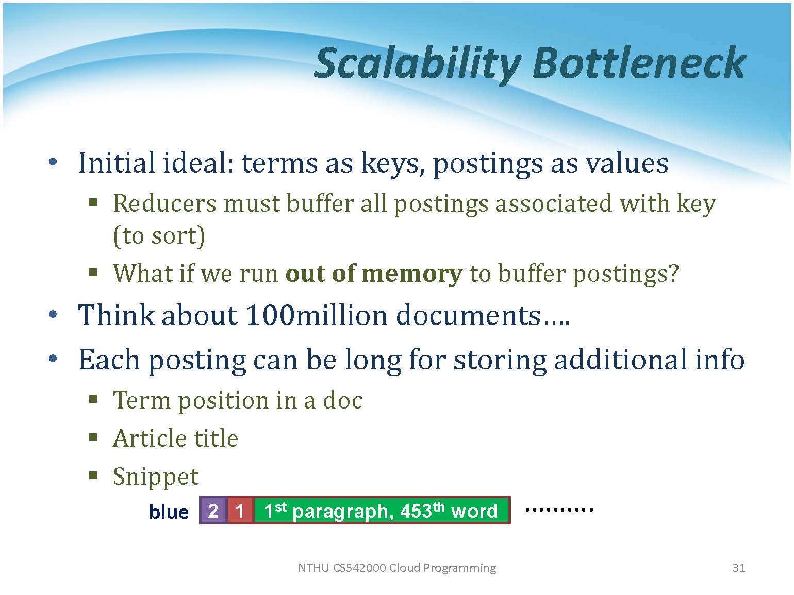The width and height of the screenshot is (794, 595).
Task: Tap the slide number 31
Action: pos(738,567)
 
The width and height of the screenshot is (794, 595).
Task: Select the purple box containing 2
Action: pos(213,510)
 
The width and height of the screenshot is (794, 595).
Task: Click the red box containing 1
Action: pos(239,510)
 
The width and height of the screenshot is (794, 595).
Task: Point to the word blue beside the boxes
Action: pos(169,512)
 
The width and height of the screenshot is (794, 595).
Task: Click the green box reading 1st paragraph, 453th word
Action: pos(381,510)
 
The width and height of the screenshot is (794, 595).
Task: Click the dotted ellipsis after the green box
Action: pos(559,509)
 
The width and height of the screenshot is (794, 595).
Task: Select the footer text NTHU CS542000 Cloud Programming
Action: pos(397,568)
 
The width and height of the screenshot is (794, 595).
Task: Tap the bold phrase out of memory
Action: pos(374,274)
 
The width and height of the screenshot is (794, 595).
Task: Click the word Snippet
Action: pos(156,478)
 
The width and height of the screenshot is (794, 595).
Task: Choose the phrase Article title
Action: pos(175,438)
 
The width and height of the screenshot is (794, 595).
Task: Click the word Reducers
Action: pos(164,203)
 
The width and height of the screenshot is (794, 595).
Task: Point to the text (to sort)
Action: pos(159,236)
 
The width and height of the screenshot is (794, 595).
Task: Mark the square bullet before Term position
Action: pos(93,400)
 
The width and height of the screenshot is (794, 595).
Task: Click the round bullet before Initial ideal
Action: pos(53,162)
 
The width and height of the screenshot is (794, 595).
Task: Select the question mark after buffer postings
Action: pos(673,273)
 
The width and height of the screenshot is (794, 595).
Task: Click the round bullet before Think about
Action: pos(53,314)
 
